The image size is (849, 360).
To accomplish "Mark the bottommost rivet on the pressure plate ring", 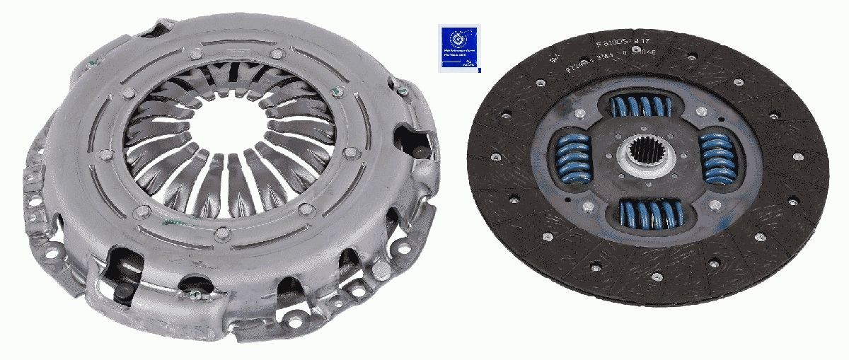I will [x=221, y=233].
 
